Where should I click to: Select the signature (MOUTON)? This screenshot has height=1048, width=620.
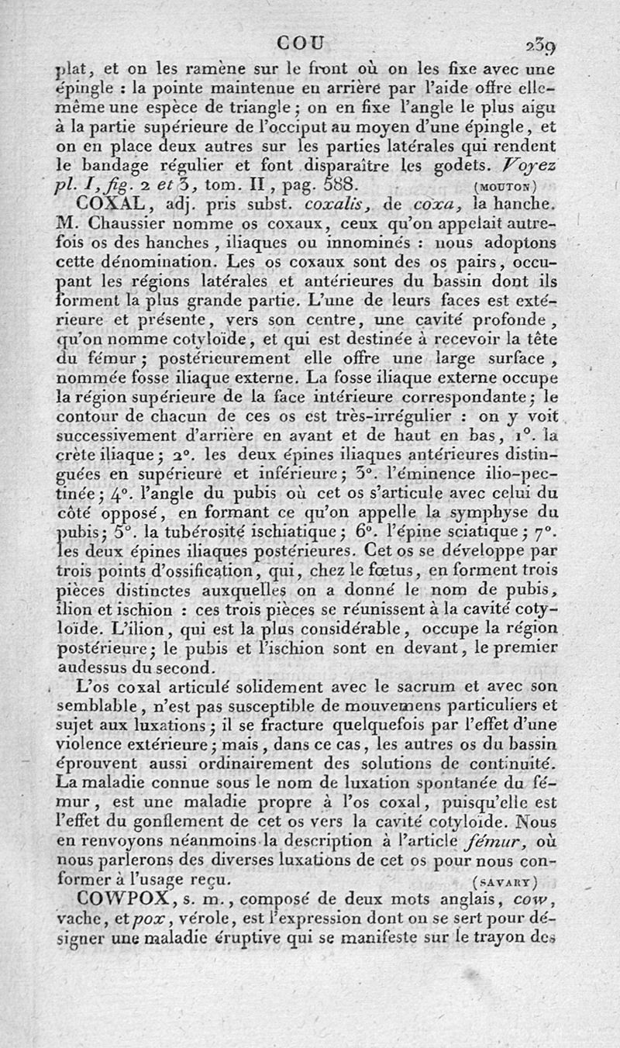point(503,185)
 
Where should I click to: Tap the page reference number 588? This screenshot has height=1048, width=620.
point(332,184)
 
